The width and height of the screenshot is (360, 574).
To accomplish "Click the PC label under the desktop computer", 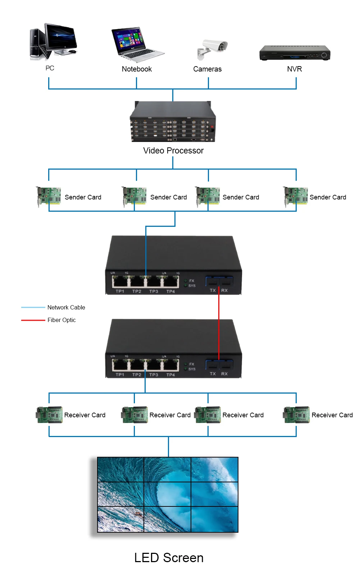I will coord(50,68).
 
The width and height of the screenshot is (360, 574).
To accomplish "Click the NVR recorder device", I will coord(295,53).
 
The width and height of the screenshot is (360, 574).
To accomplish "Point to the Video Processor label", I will coord(173,151).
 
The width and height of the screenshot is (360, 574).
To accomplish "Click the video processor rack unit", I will coord(173,122).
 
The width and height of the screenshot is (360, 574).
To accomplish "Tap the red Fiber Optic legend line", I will coord(33,320).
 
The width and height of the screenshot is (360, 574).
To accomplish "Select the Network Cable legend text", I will coord(66,307).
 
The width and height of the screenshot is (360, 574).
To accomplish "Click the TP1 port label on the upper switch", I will coord(120,291).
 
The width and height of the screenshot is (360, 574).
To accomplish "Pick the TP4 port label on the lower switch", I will coord(170,375).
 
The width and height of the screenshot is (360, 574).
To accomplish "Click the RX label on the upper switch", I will coord(224,290).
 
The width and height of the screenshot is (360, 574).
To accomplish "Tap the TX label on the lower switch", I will coord(213,374).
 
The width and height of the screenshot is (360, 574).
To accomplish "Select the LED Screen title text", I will coord(169,558).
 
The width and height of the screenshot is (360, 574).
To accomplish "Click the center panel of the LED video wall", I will coord(167,494).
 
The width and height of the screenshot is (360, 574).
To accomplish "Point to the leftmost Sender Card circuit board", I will coord(49,196).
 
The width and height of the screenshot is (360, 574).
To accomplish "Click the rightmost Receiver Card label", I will coord(332,415).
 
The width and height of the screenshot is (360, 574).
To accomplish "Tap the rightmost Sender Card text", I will coord(328,197).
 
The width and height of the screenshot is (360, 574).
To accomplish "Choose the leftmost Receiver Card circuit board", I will coord(49,414).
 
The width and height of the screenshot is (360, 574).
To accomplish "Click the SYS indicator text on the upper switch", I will coord(192,286).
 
